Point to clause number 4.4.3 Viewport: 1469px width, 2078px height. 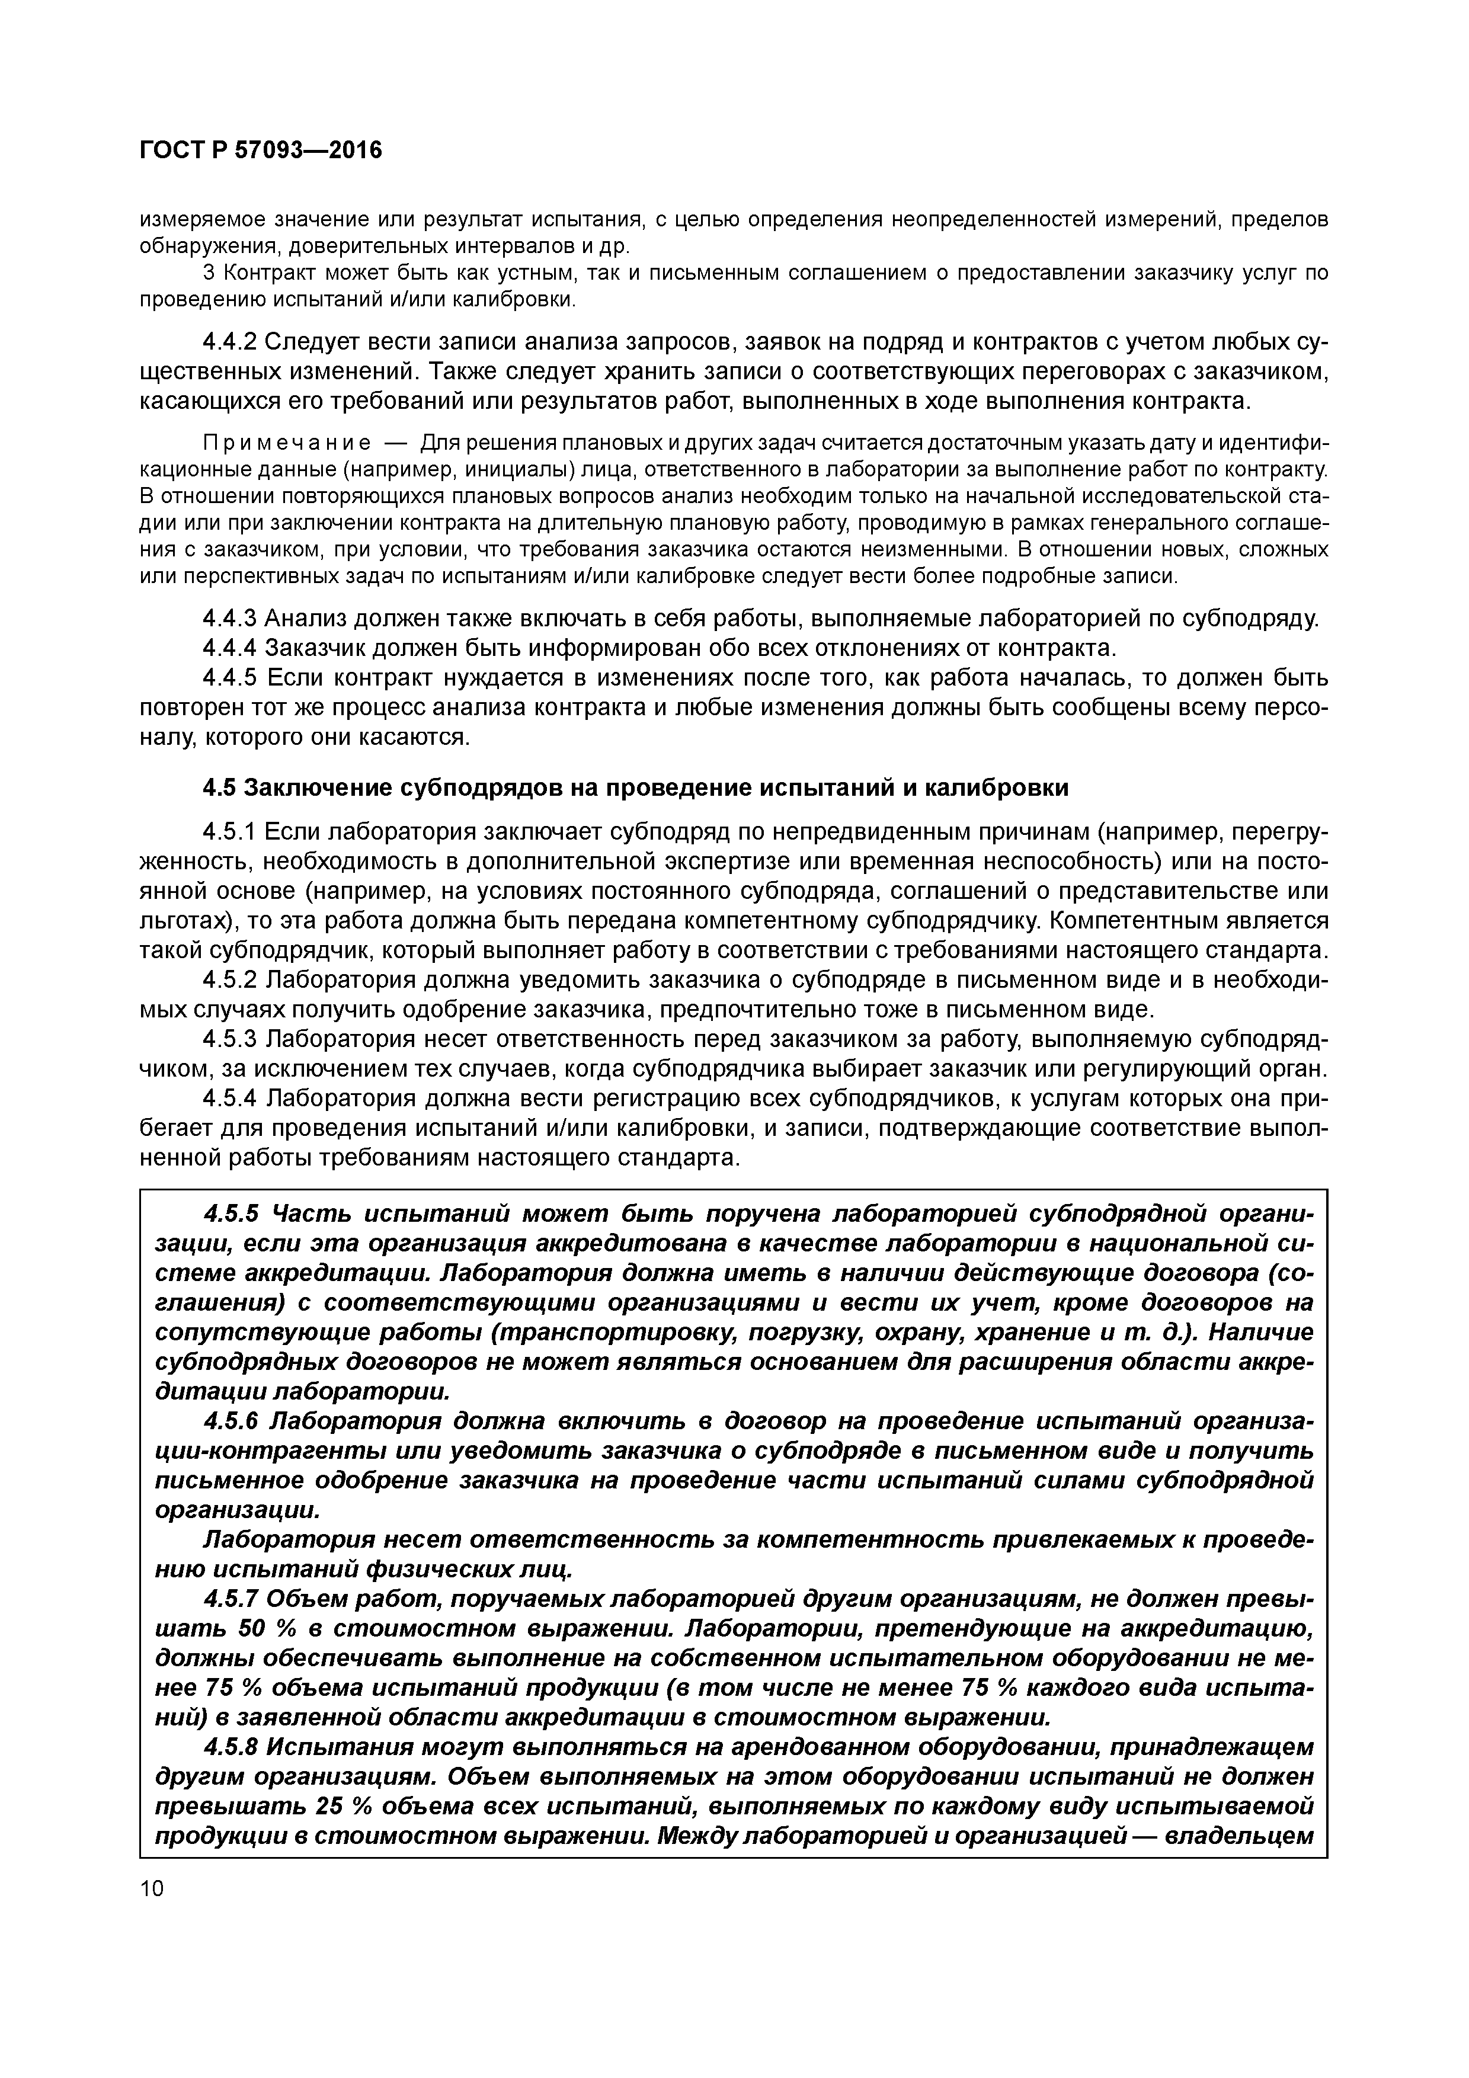pos(230,618)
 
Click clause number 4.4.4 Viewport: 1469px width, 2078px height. pos(230,648)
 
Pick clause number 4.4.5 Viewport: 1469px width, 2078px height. pos(230,678)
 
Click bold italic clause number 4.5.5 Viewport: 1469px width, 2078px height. pos(232,1213)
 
